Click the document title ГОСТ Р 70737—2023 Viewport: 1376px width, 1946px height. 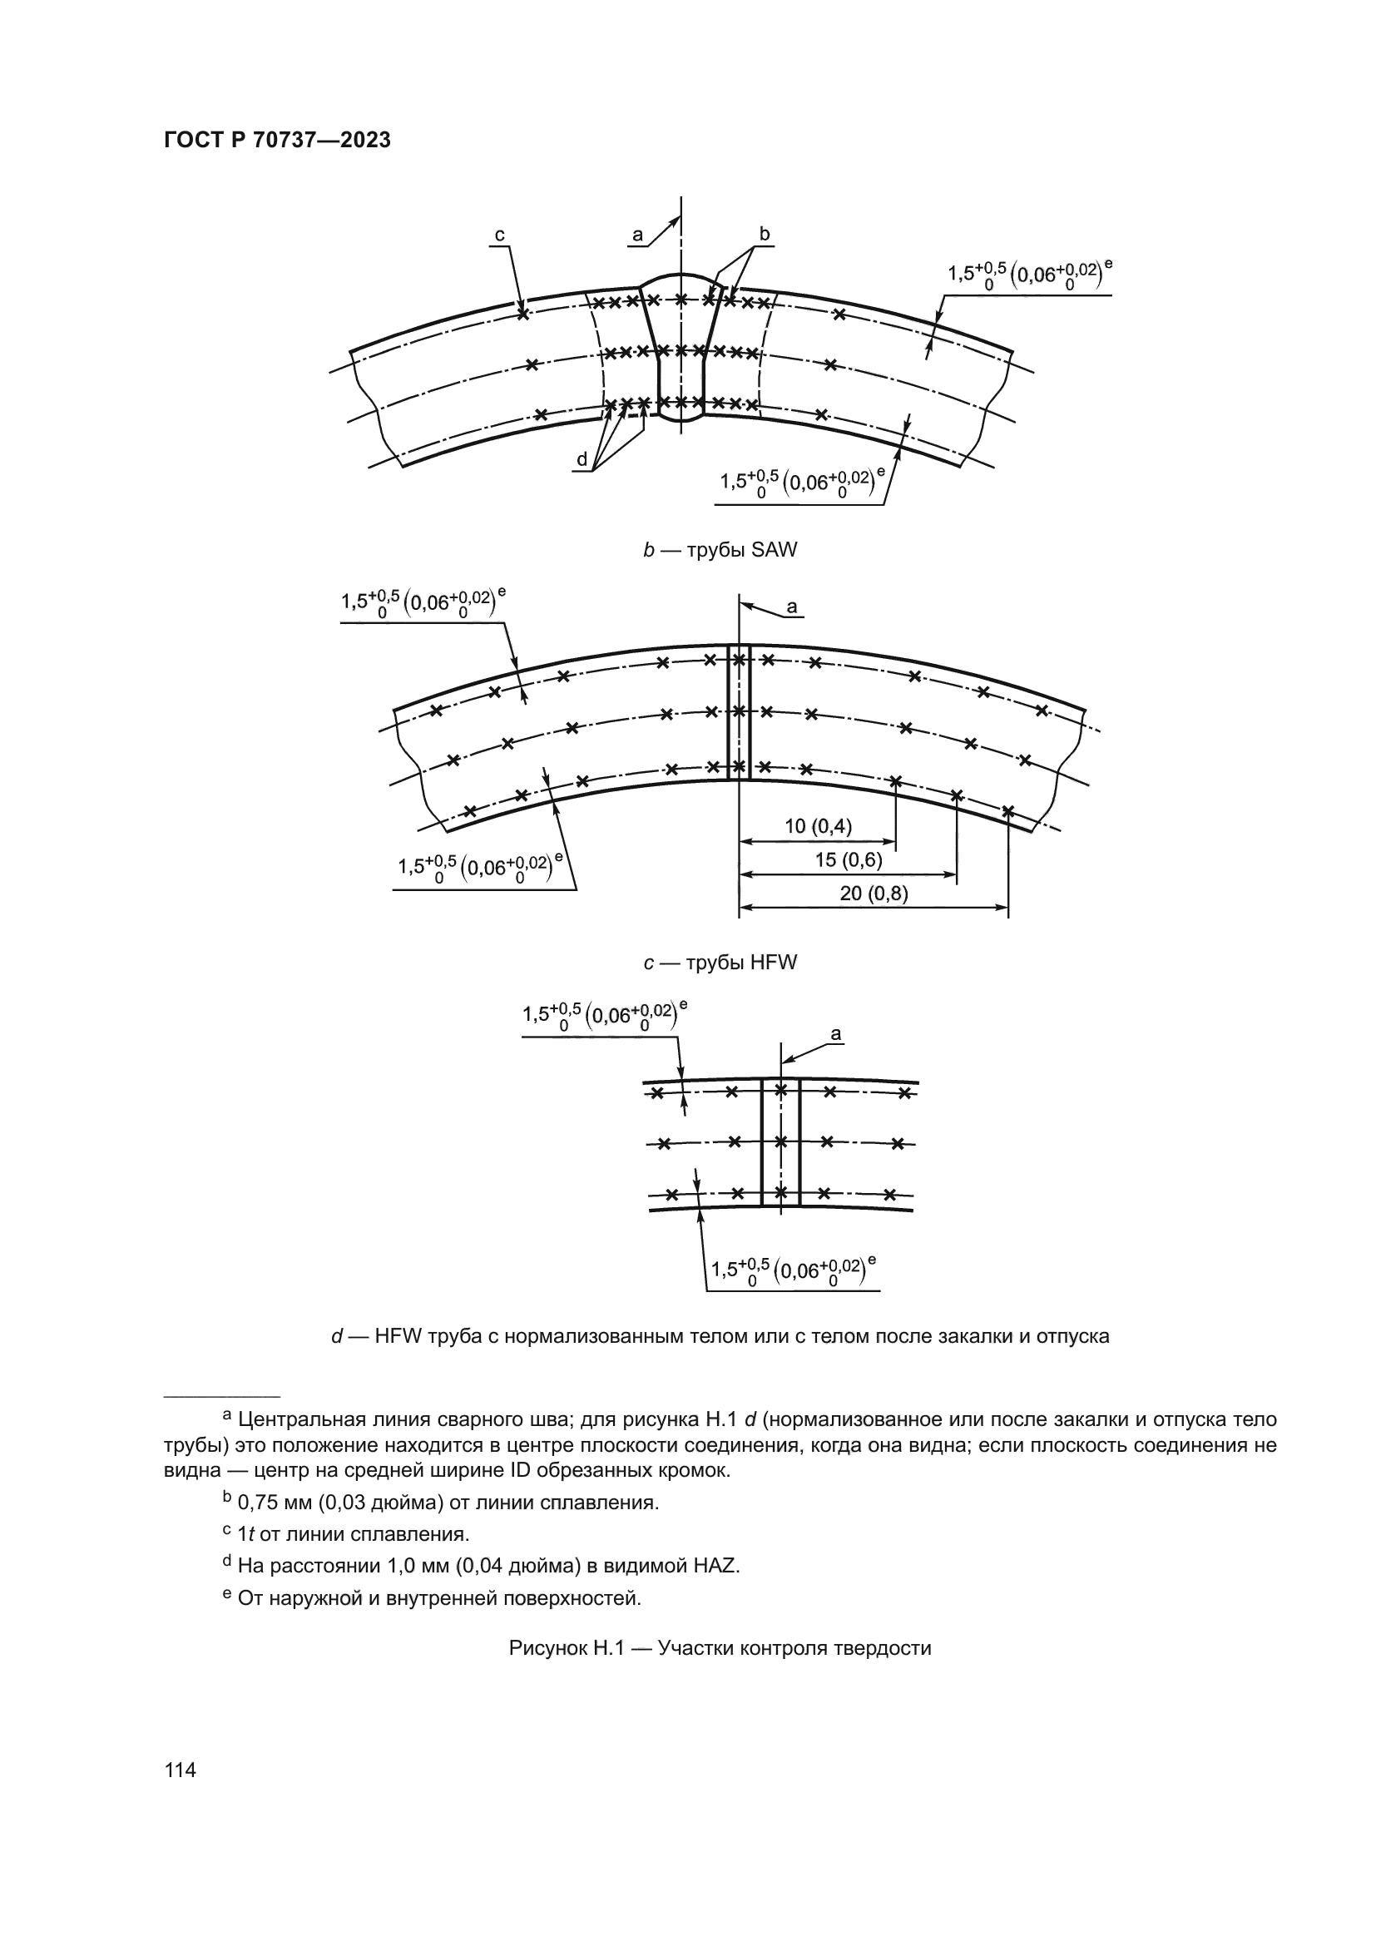coord(277,141)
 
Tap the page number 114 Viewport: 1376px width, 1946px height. coord(181,1770)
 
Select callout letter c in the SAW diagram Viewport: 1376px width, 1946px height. coord(500,235)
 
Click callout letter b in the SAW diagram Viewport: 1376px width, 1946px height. coord(765,233)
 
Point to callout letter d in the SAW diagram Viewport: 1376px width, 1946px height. coord(582,459)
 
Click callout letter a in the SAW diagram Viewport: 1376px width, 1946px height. coord(638,234)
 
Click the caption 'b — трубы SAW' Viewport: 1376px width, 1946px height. coord(720,550)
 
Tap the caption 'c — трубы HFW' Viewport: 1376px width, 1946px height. coord(720,963)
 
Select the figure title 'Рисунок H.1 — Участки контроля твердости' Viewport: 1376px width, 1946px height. coord(720,1648)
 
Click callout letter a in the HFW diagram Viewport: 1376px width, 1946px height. coord(792,607)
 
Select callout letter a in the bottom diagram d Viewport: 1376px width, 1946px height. coord(836,1034)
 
